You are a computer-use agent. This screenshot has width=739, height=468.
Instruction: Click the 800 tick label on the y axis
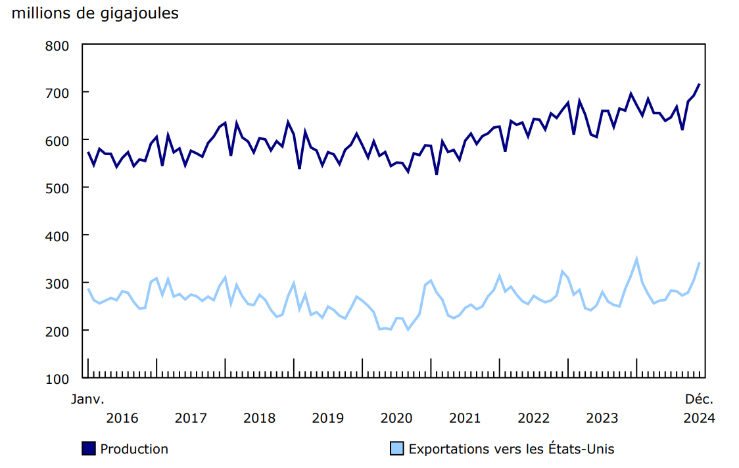pyautogui.click(x=57, y=45)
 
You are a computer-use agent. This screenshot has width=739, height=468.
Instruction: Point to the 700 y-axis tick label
pyautogui.click(x=57, y=93)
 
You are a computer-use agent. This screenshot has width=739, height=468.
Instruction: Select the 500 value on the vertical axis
pyautogui.click(x=57, y=188)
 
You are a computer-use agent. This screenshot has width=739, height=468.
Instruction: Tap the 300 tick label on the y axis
pyautogui.click(x=57, y=283)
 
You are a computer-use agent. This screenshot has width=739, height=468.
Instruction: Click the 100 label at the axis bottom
pyautogui.click(x=57, y=379)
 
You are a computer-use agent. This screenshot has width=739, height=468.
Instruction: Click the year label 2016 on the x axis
pyautogui.click(x=122, y=418)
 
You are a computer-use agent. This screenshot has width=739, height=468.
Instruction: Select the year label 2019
pyautogui.click(x=327, y=418)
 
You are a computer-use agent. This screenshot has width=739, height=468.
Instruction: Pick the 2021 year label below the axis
pyautogui.click(x=465, y=418)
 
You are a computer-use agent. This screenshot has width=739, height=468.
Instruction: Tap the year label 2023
pyautogui.click(x=602, y=418)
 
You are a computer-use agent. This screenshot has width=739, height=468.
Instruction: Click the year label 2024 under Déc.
pyautogui.click(x=699, y=418)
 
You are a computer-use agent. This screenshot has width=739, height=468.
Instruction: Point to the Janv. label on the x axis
pyautogui.click(x=87, y=399)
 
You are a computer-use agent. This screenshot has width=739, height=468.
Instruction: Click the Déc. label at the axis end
pyautogui.click(x=699, y=399)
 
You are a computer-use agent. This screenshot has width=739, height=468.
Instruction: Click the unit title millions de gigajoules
pyautogui.click(x=95, y=13)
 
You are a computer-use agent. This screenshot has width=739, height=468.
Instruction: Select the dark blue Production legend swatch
pyautogui.click(x=89, y=449)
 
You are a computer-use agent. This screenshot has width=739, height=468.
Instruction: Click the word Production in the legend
pyautogui.click(x=134, y=450)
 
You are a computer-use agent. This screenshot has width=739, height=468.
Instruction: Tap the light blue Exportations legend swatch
pyautogui.click(x=397, y=449)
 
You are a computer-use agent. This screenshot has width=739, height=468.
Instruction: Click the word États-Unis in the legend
pyautogui.click(x=579, y=450)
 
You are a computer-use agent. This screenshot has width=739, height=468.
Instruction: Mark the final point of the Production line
pyautogui.click(x=699, y=84)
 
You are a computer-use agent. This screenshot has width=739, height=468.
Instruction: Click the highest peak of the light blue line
pyautogui.click(x=636, y=259)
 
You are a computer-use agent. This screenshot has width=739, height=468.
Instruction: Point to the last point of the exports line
pyautogui.click(x=699, y=263)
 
